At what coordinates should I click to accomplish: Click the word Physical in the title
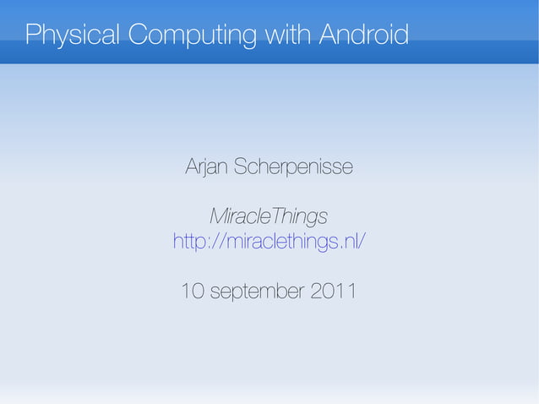(x=73, y=35)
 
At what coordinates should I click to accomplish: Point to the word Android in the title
(x=365, y=35)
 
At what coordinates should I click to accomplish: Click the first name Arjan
(x=205, y=168)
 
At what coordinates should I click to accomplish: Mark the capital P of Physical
(x=33, y=35)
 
